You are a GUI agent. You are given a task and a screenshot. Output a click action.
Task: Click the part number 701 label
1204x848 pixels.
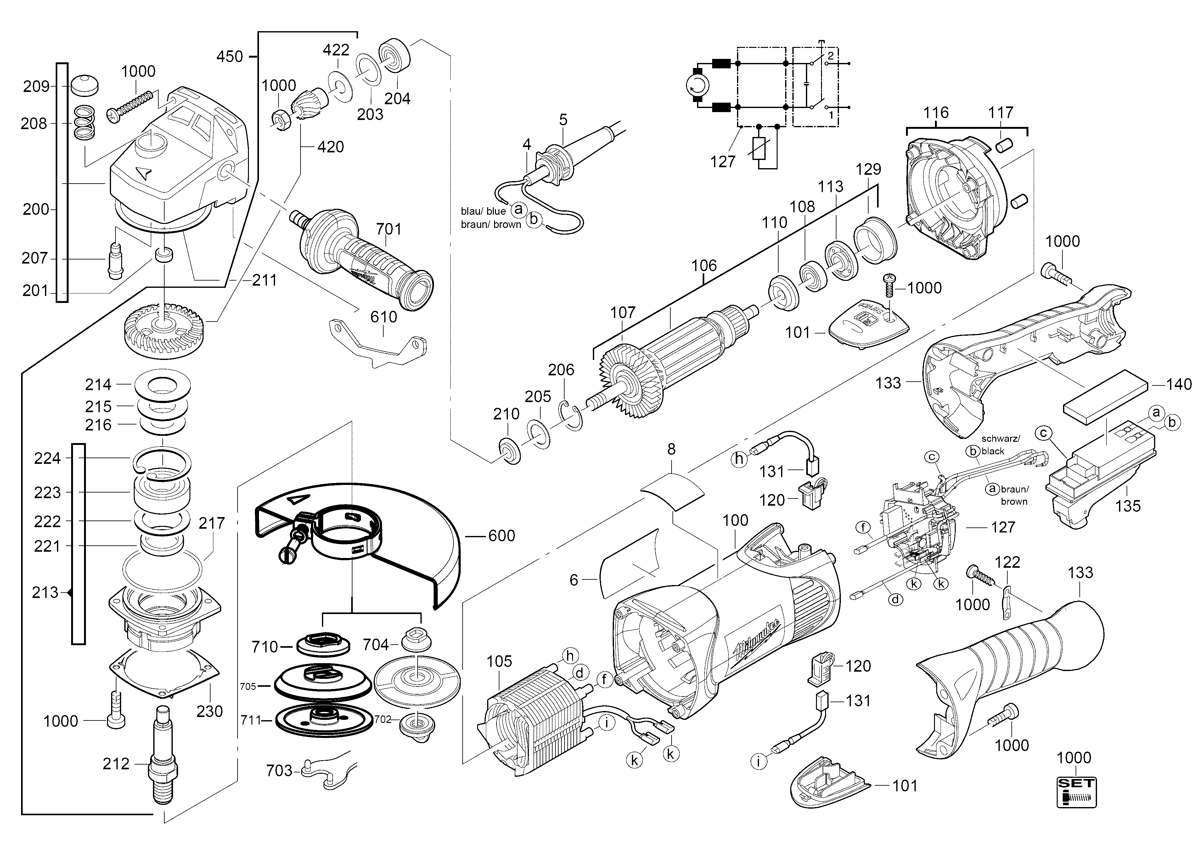tap(389, 229)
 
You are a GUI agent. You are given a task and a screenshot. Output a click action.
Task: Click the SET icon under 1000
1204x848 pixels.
tap(1076, 792)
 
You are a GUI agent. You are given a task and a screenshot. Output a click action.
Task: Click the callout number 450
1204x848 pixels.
tap(230, 56)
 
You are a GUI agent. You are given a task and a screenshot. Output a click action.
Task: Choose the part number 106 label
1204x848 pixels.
tap(704, 265)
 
